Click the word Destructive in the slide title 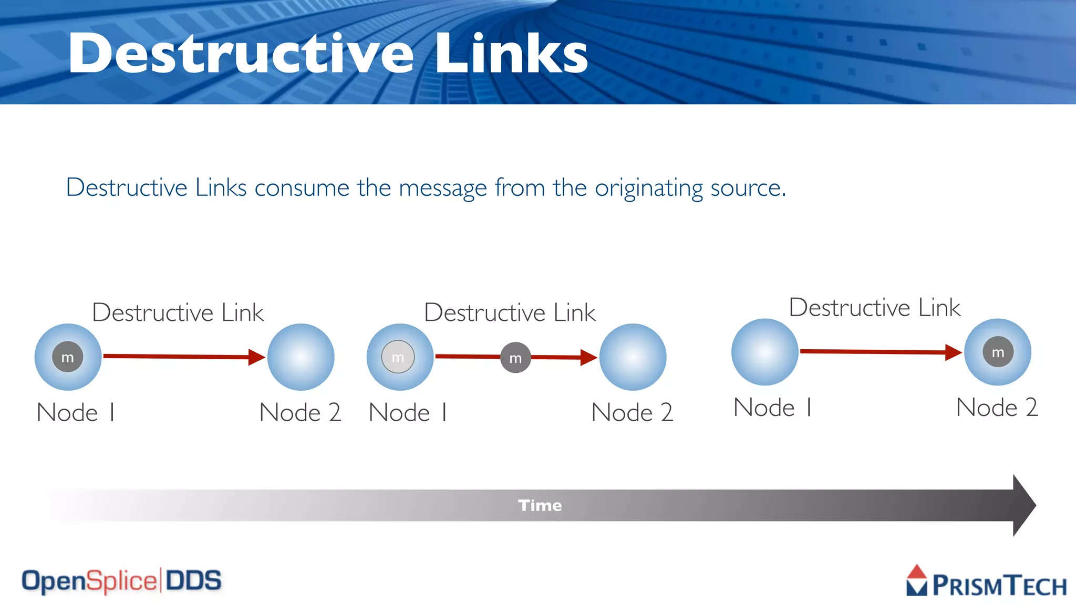click(x=241, y=54)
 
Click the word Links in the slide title click(x=511, y=54)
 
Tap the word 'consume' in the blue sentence click(x=302, y=187)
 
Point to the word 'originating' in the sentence click(x=649, y=188)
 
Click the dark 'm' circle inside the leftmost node click(x=68, y=357)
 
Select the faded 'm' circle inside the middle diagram click(x=398, y=357)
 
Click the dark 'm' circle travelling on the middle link click(x=515, y=358)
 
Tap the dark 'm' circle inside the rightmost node click(x=998, y=352)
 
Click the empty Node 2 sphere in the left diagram click(x=301, y=357)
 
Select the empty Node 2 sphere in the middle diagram click(x=633, y=357)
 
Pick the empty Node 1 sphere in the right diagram click(x=765, y=352)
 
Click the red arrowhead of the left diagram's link click(x=256, y=357)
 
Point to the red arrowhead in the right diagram click(x=953, y=352)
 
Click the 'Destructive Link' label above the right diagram click(x=875, y=308)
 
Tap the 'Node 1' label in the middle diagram click(x=408, y=412)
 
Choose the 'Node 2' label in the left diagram click(x=300, y=412)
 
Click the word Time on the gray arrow click(x=540, y=505)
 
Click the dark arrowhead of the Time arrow click(x=1023, y=505)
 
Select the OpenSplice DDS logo click(x=121, y=581)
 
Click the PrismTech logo click(x=986, y=582)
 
